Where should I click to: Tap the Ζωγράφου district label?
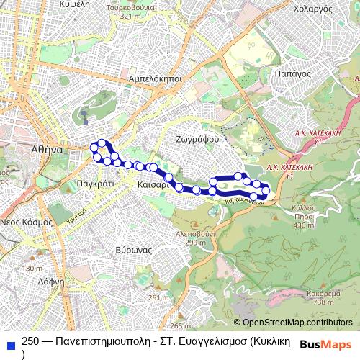pyautogui.click(x=197, y=138)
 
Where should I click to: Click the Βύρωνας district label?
pyautogui.click(x=132, y=249)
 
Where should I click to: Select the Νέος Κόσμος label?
pyautogui.click(x=27, y=222)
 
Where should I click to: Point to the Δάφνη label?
pyautogui.click(x=53, y=282)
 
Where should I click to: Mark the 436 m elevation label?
pyautogui.click(x=305, y=225)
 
